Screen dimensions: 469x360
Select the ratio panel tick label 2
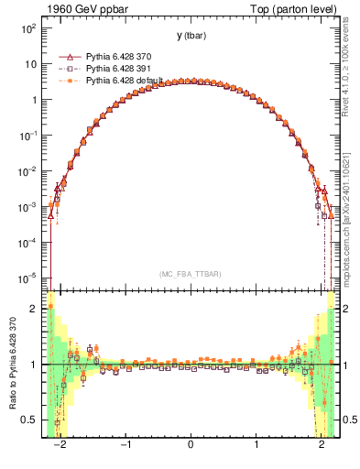coord(38,309)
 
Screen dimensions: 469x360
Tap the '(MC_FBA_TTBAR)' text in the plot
coord(191,275)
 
